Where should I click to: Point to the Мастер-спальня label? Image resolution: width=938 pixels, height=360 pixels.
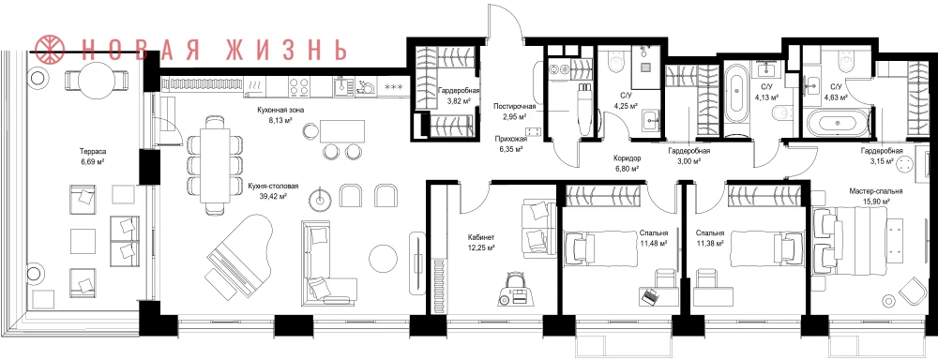[876, 191]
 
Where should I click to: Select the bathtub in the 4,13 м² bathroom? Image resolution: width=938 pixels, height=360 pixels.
[734, 101]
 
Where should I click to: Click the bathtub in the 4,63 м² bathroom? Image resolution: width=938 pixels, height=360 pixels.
[837, 124]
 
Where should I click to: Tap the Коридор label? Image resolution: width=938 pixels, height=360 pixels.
[627, 159]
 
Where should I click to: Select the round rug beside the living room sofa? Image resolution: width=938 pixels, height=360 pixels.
[383, 258]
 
